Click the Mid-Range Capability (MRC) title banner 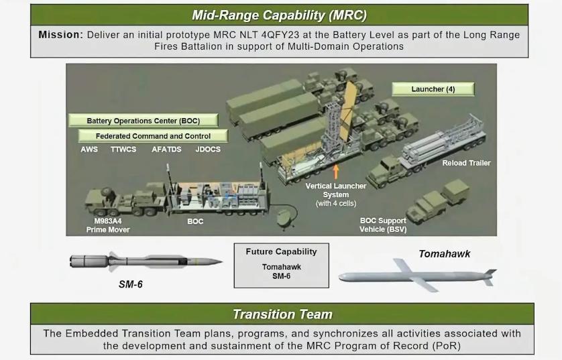click(280, 15)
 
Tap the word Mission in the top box click(60, 34)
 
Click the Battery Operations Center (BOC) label click(143, 121)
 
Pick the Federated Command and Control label click(153, 136)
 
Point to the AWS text click(89, 149)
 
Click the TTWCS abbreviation click(123, 149)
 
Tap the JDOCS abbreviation click(208, 149)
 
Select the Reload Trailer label click(466, 163)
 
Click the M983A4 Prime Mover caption click(107, 225)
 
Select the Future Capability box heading click(281, 251)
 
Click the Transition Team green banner click(282, 314)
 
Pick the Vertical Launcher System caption click(336, 190)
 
